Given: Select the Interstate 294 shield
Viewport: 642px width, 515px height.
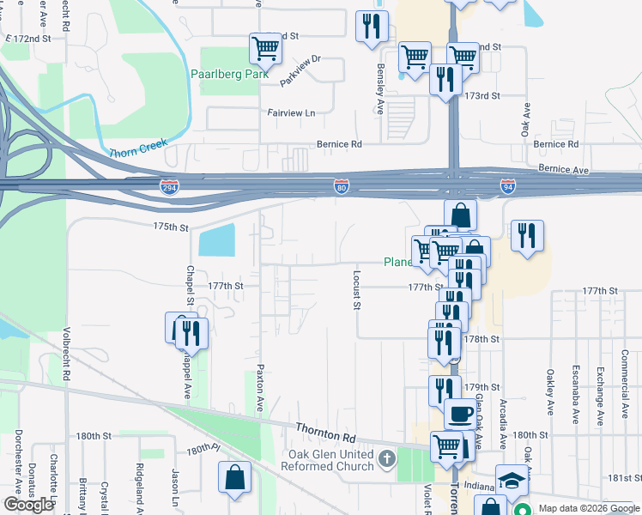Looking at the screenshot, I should pos(170,186).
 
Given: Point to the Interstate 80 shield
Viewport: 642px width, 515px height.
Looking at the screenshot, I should pos(342,186).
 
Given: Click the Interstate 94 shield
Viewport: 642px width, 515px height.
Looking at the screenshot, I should pos(508,186).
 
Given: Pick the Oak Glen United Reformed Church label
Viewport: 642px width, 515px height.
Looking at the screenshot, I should pos(330,460).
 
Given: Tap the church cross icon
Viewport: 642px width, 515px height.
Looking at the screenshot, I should pos(386,460).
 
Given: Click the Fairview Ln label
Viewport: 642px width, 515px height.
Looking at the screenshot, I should pos(292,112).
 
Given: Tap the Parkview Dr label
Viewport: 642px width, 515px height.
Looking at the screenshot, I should pos(300,62).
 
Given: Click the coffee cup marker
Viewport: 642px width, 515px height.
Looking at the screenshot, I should pos(460,415).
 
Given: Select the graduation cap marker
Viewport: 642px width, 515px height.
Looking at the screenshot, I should pos(512,481).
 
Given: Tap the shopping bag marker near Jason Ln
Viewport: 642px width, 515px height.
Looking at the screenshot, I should pos(234,478).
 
